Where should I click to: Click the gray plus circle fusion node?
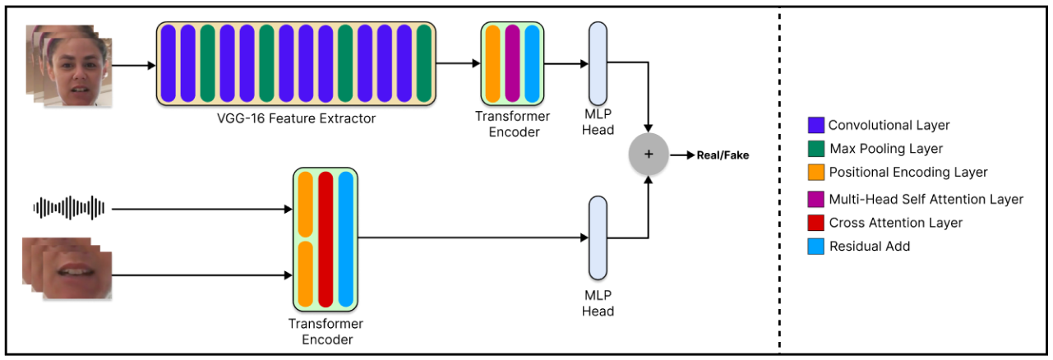tap(648, 155)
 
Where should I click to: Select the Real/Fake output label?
tap(723, 155)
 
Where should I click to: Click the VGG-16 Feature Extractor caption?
tap(296, 118)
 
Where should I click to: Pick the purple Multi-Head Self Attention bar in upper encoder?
tap(512, 63)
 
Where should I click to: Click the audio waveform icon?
tap(69, 209)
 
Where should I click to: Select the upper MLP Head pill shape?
tap(598, 63)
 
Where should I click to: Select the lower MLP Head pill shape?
tap(598, 238)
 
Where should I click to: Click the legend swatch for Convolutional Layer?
tap(815, 126)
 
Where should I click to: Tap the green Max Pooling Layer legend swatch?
tap(815, 149)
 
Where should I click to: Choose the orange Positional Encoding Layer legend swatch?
tap(815, 173)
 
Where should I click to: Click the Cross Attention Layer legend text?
tap(895, 223)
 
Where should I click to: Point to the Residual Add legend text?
tap(870, 246)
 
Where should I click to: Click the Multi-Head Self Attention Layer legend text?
tap(926, 199)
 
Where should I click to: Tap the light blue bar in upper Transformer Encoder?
tap(532, 63)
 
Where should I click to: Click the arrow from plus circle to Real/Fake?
tap(681, 155)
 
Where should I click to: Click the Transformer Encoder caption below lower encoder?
tap(326, 331)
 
